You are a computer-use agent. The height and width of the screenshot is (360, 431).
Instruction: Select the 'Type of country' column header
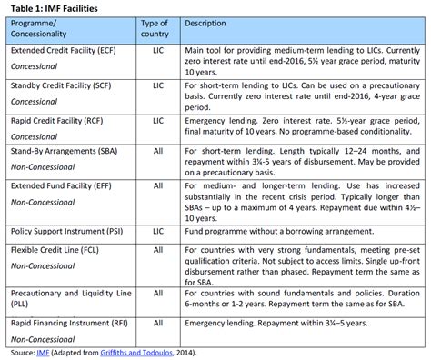(x=156, y=27)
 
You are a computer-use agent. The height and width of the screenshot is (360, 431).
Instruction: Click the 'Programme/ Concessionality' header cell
(x=45, y=27)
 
